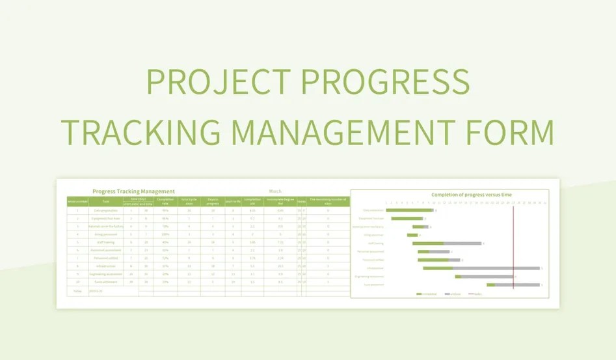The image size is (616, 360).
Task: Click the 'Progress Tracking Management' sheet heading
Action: click(x=133, y=191)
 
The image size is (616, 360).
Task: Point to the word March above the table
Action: click(x=275, y=191)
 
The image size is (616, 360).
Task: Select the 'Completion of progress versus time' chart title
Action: click(x=471, y=195)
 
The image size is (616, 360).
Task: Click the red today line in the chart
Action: click(x=513, y=247)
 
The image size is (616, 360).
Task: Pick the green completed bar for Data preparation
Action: click(x=409, y=210)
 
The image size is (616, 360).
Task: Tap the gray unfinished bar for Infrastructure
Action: click(x=496, y=268)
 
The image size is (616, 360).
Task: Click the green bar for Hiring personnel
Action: click(x=412, y=235)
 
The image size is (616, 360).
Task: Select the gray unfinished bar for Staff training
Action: click(x=462, y=243)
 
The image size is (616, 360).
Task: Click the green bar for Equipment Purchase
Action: click(x=407, y=219)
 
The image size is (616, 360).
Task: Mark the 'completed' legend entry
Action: click(x=427, y=294)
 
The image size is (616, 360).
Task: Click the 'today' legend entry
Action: click(x=475, y=294)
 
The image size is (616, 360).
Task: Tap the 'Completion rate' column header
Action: click(x=165, y=201)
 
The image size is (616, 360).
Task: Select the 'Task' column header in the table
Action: click(x=105, y=201)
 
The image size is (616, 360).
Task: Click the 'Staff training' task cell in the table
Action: click(x=105, y=242)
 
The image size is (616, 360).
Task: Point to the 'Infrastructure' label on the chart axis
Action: click(x=375, y=268)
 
